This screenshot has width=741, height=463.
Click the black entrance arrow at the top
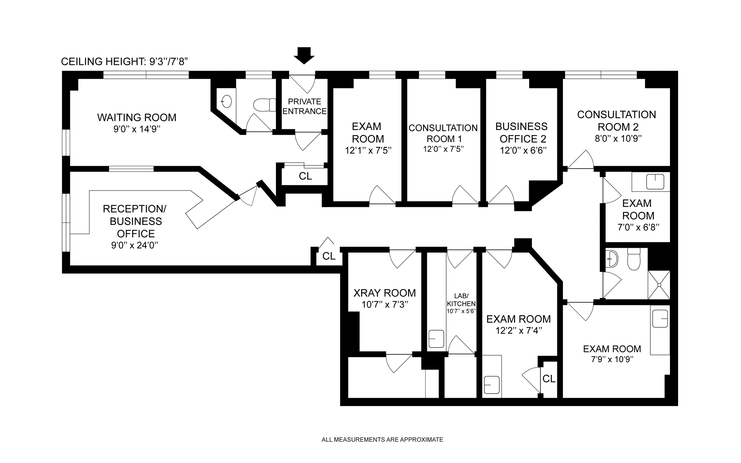click(x=304, y=56)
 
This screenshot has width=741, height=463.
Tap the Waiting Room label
click(x=137, y=117)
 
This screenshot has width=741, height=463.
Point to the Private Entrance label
click(x=305, y=106)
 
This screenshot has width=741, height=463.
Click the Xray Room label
click(x=384, y=293)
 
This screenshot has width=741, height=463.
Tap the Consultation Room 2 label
click(x=616, y=120)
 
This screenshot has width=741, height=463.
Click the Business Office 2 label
click(x=521, y=132)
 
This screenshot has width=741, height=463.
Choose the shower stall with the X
click(x=659, y=285)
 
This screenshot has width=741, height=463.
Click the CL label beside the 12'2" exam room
click(x=548, y=379)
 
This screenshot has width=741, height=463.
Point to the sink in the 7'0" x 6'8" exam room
click(x=655, y=182)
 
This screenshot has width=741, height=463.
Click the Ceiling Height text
click(x=124, y=62)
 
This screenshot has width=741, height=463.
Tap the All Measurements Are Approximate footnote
click(x=382, y=439)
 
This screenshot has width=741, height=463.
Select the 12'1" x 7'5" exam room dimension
click(x=368, y=150)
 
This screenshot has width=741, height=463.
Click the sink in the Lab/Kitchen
click(x=436, y=339)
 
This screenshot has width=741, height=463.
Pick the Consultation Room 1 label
click(x=443, y=133)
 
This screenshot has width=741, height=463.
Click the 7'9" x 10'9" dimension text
click(x=612, y=360)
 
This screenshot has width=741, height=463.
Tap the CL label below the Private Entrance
click(x=305, y=176)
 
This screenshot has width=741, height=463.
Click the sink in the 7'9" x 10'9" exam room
click(x=660, y=319)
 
